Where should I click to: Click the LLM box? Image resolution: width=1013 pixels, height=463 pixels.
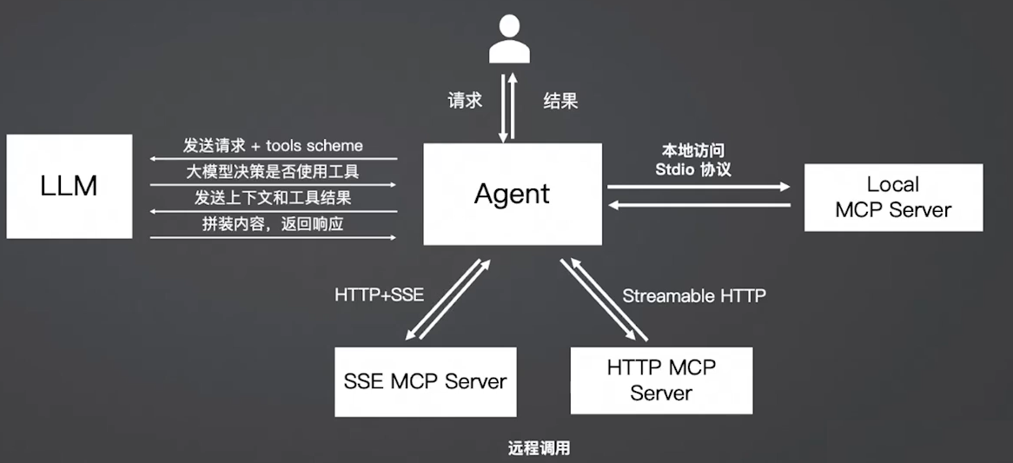tap(70, 186)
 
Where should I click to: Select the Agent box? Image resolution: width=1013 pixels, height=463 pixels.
tap(512, 194)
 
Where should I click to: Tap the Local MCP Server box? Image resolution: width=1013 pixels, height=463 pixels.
tap(893, 197)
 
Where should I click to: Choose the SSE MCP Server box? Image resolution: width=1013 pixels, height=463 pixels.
tap(426, 381)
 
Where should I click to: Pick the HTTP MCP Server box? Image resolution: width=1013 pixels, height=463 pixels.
tap(661, 380)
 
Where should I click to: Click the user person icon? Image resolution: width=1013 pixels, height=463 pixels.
tap(509, 39)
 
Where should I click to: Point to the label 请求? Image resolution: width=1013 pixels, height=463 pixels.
tap(465, 101)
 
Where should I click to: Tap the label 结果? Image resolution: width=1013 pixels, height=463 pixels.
tap(560, 101)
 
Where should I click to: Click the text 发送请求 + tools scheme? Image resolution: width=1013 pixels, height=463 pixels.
tap(273, 145)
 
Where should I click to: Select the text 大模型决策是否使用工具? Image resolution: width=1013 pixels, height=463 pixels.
tap(273, 172)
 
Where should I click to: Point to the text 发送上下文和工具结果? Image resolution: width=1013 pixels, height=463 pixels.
tap(273, 198)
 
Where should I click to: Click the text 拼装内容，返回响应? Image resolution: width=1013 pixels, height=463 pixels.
tap(273, 224)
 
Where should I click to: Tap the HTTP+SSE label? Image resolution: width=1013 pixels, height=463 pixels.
tap(380, 295)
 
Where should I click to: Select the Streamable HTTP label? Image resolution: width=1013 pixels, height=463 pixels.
tap(694, 296)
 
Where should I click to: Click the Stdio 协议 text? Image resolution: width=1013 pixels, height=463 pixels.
tap(693, 169)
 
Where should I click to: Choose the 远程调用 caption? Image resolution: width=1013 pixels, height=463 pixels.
tap(539, 449)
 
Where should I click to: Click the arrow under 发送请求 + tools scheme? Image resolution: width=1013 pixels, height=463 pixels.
tap(273, 159)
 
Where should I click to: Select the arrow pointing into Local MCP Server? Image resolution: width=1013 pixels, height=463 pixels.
tap(699, 187)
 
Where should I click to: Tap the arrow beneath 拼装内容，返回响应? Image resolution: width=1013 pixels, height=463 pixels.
tap(273, 238)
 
